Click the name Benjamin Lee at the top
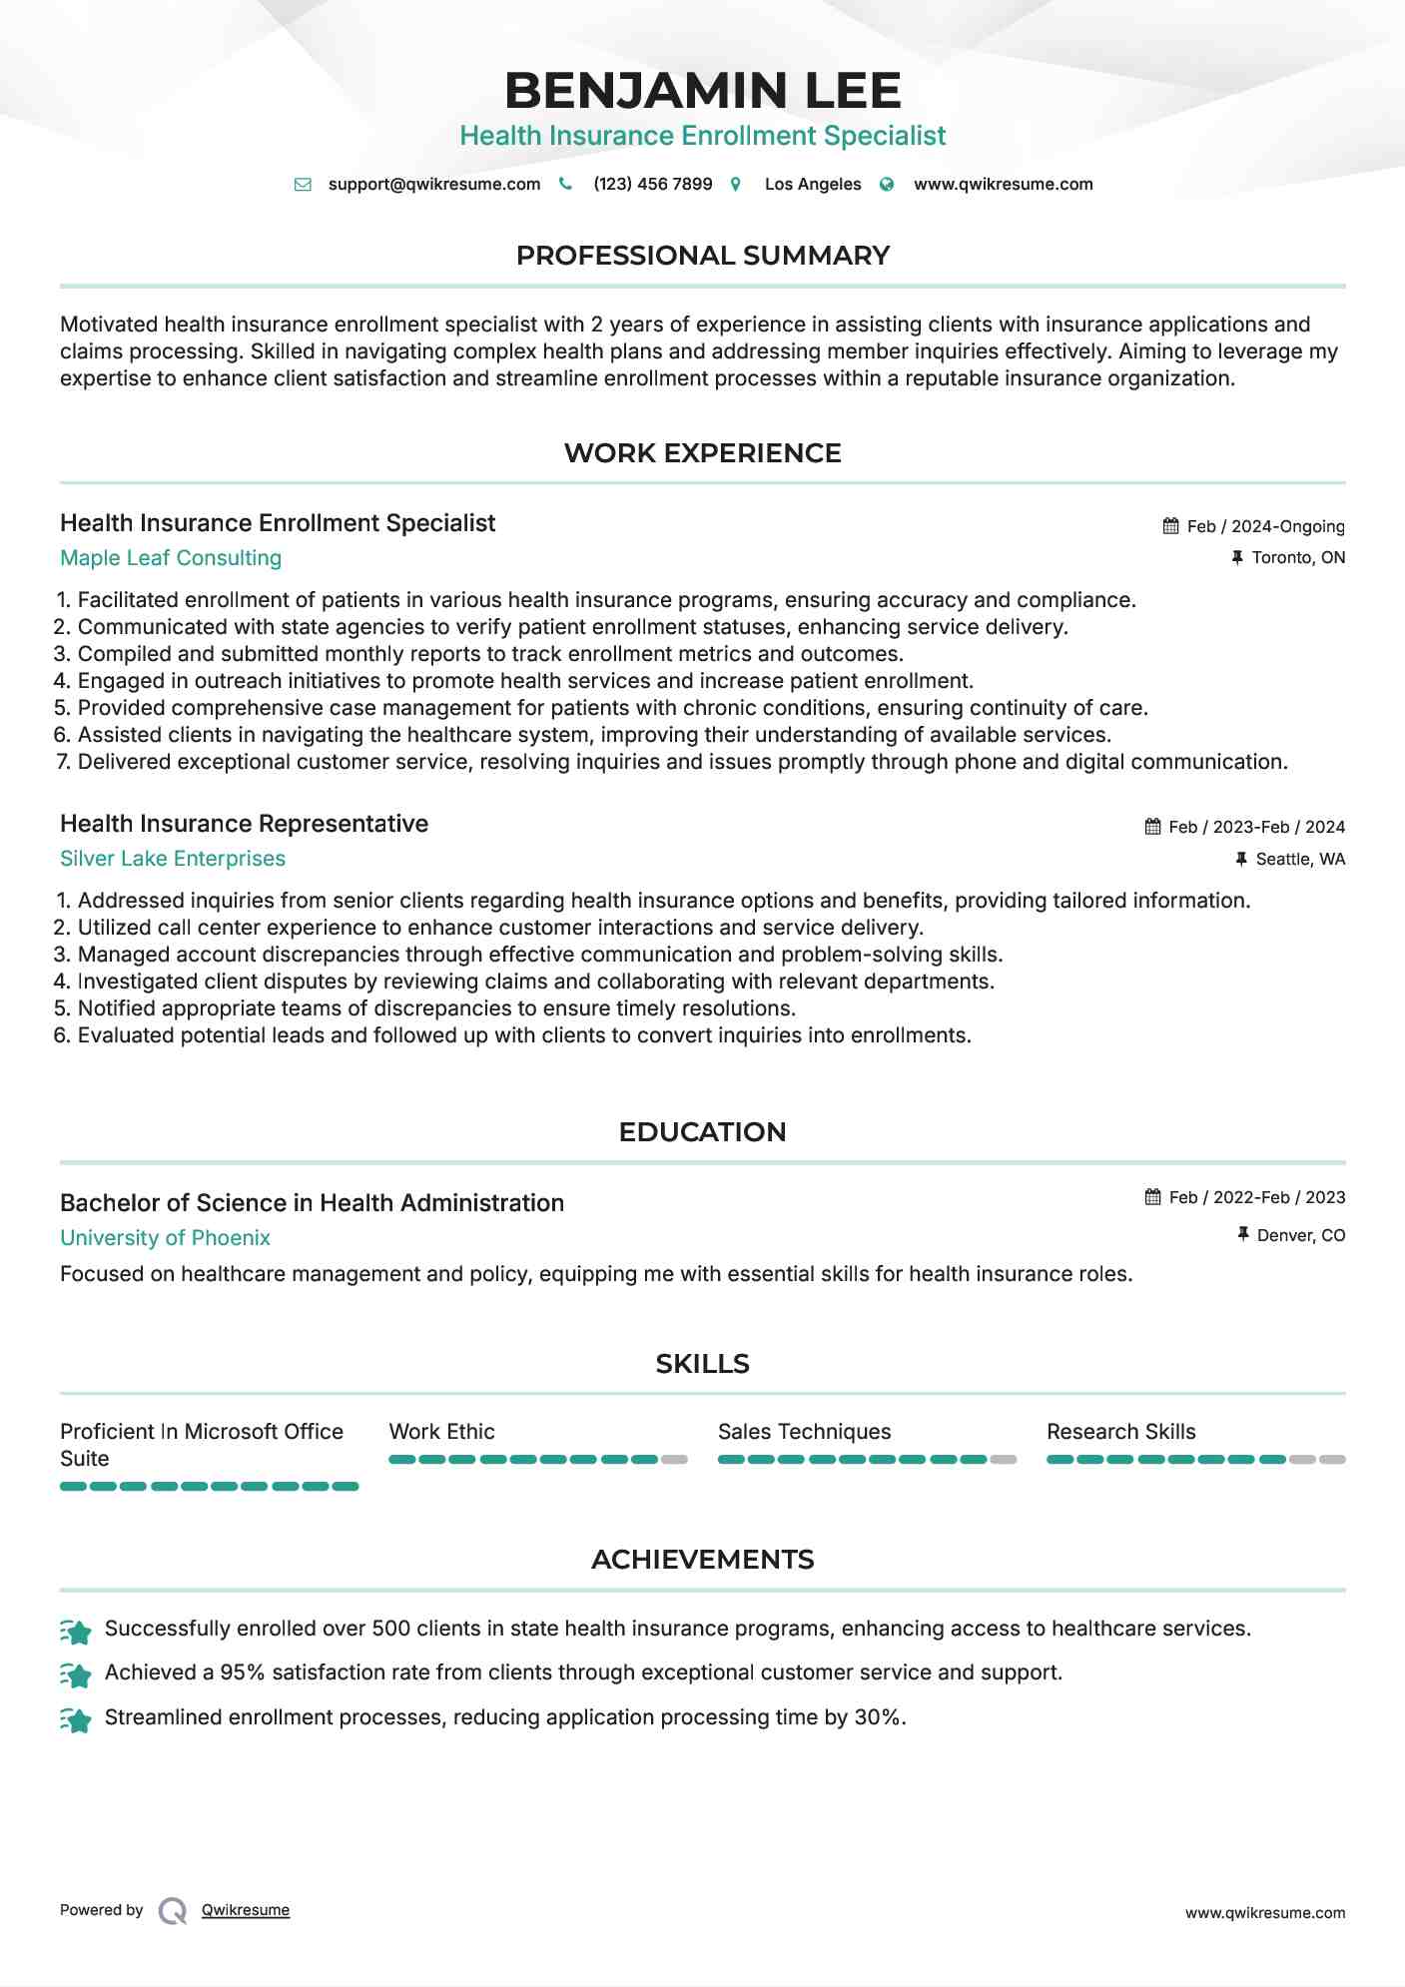702,90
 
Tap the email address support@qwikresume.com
433,184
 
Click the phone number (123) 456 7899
652,184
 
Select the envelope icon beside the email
303,184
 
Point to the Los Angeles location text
812,184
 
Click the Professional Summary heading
702,256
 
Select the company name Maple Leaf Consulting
171,558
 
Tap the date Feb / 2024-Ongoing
1265,526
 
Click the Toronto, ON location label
1298,557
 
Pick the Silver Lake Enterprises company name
173,859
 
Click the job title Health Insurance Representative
244,824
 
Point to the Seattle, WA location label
1300,859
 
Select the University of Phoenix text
165,1238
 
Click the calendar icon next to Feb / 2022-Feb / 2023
1152,1196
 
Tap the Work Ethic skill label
441,1432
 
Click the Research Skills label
1120,1432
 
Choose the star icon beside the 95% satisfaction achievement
76,1674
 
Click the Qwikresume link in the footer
246,1910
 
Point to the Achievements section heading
702,1560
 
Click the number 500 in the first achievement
390,1629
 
